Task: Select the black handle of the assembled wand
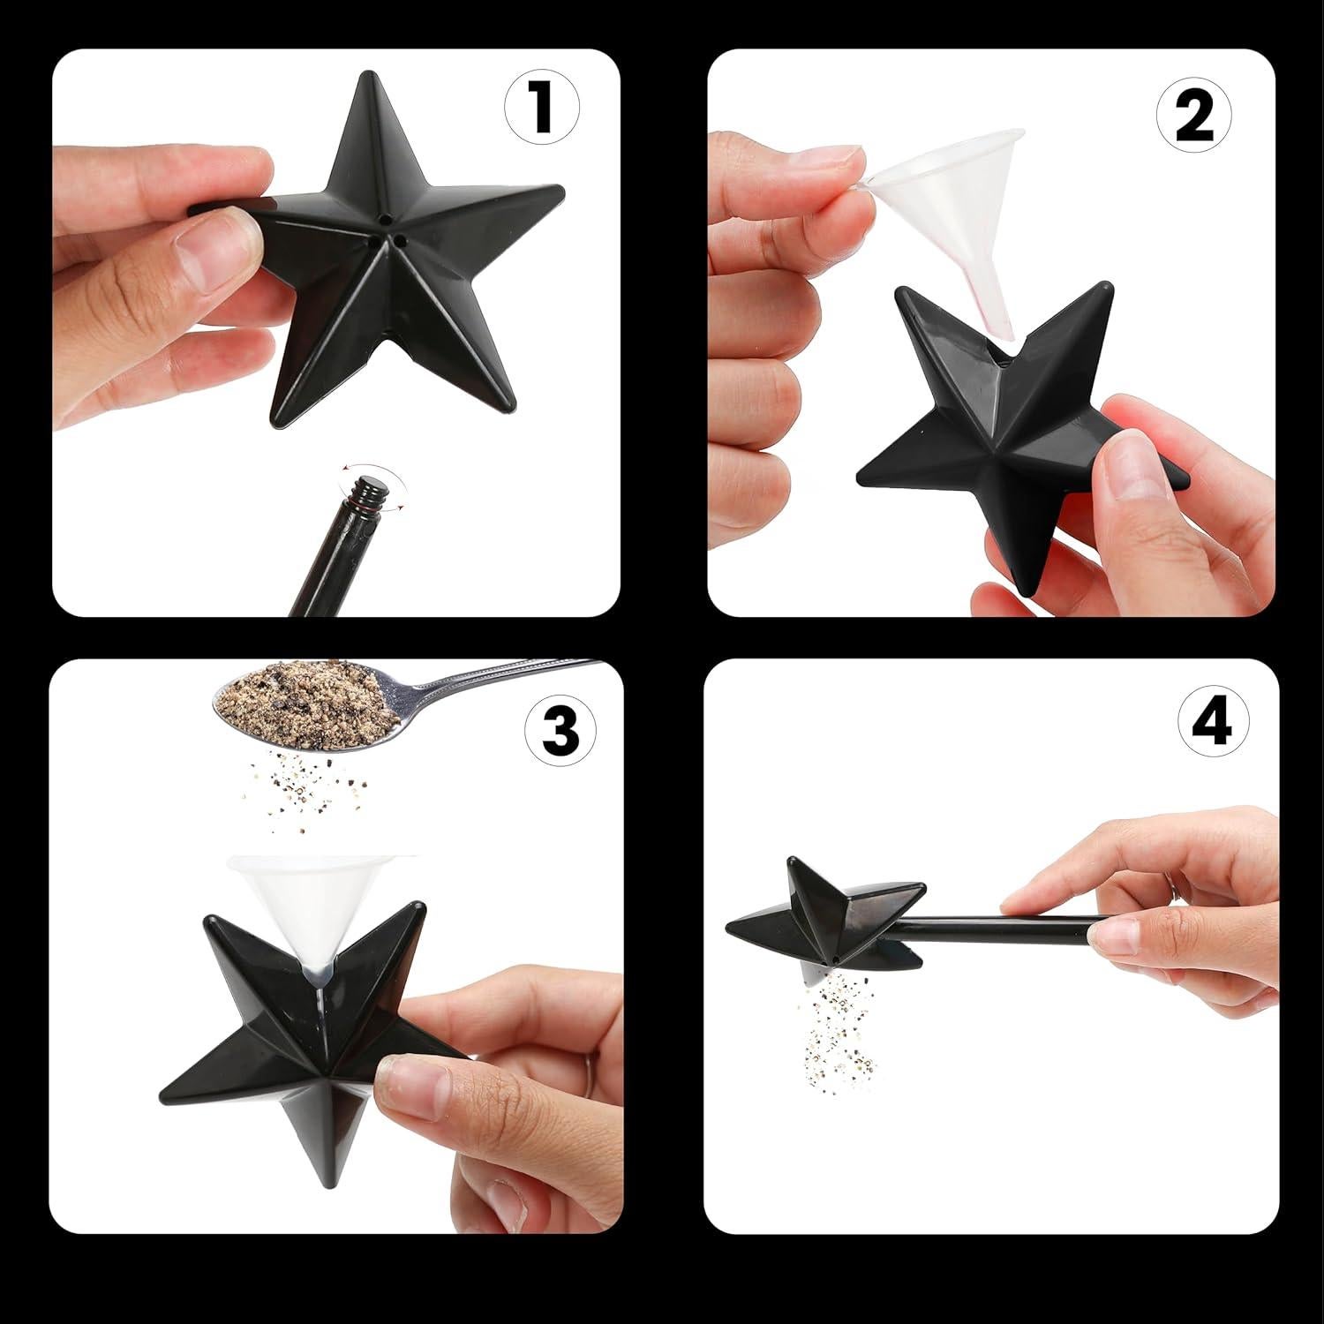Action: [1015, 926]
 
